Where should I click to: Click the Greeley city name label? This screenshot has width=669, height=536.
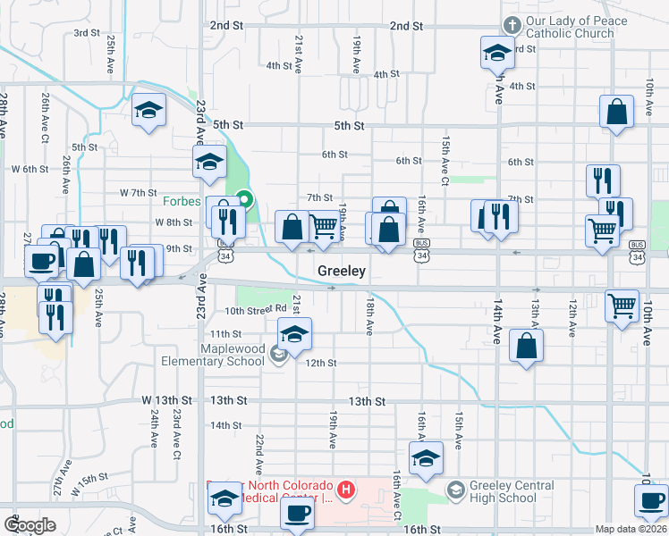(x=342, y=271)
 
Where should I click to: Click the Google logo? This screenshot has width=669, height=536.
(x=30, y=525)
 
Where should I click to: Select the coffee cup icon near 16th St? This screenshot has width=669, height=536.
(x=297, y=514)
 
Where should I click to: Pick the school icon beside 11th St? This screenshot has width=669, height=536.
(x=293, y=335)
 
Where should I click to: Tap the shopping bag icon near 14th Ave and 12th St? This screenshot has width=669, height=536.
(x=526, y=346)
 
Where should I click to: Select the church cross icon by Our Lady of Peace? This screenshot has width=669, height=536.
(x=512, y=26)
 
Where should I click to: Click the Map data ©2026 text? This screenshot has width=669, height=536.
(x=631, y=529)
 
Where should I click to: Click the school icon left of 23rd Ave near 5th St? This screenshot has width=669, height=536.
(x=149, y=111)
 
